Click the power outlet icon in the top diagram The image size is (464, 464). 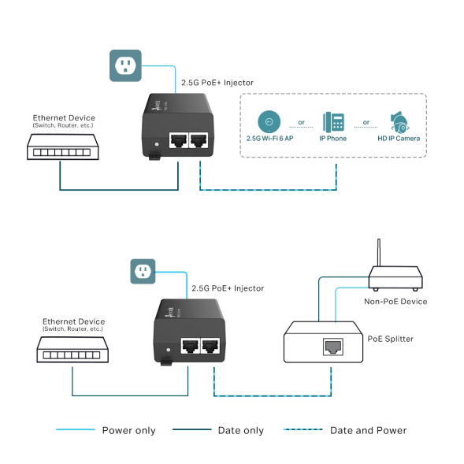pyautogui.click(x=124, y=65)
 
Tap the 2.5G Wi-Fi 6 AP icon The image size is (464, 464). pyautogui.click(x=269, y=122)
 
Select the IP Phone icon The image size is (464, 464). pyautogui.click(x=333, y=122)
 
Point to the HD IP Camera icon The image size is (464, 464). pyautogui.click(x=399, y=122)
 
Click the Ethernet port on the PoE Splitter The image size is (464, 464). pyautogui.click(x=331, y=344)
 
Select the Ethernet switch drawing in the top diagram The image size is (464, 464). pyautogui.click(x=61, y=147)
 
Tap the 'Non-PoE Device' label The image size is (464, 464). pyautogui.click(x=395, y=301)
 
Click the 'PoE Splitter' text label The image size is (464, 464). pyautogui.click(x=391, y=339)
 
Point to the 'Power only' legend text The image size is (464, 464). pyautogui.click(x=128, y=430)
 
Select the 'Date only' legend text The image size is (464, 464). pyautogui.click(x=241, y=430)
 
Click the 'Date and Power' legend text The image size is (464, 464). pyautogui.click(x=368, y=430)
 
